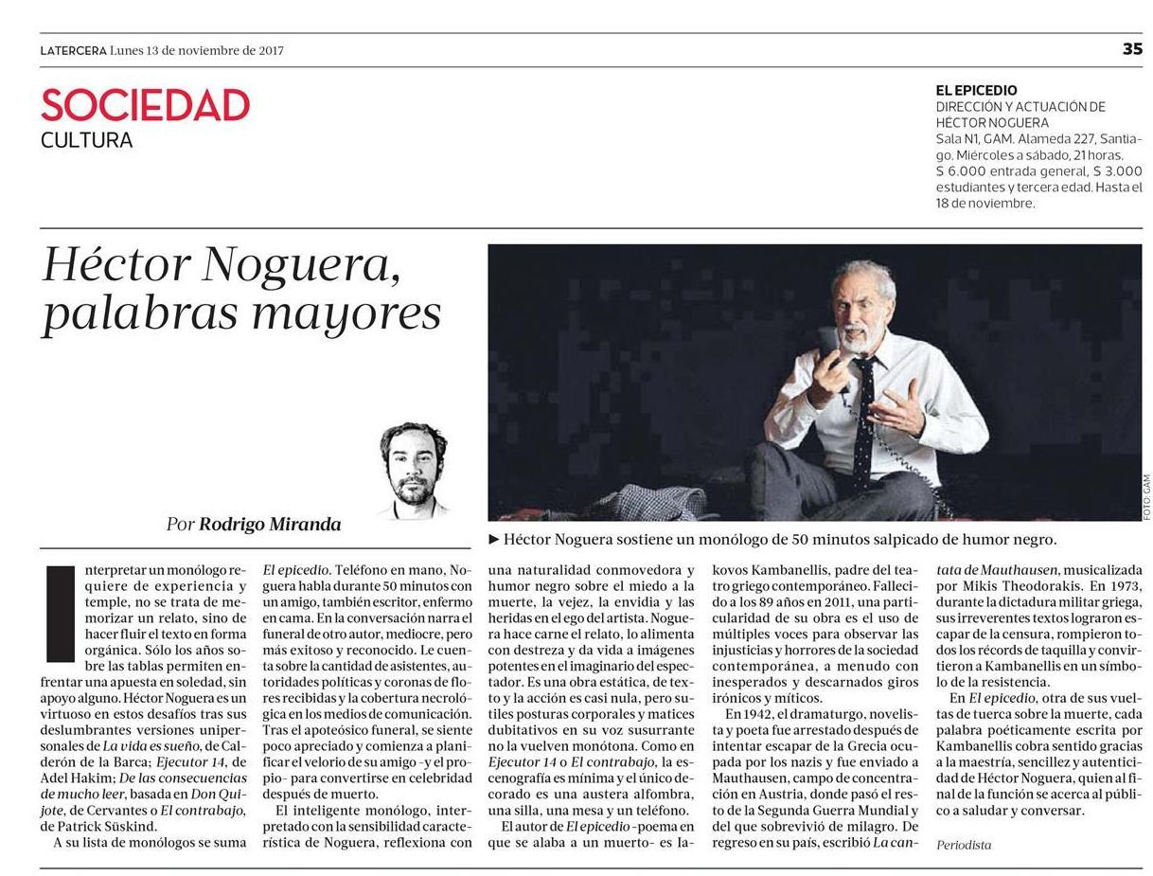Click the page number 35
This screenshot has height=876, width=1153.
tap(1131, 50)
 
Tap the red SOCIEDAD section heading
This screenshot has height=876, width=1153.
tap(145, 105)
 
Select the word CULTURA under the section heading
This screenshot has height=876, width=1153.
tap(86, 141)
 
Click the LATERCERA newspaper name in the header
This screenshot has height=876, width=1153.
tap(73, 51)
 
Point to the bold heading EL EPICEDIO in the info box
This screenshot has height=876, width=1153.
tap(976, 91)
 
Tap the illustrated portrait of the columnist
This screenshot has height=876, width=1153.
tap(414, 469)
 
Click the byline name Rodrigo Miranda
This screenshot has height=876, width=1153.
tap(269, 525)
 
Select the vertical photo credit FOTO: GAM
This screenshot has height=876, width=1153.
tap(1146, 495)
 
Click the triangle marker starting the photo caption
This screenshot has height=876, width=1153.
tap(493, 540)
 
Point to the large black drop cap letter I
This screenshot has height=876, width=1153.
tap(60, 613)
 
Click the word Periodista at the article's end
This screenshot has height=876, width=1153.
tap(964, 845)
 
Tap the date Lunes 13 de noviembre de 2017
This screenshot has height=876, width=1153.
tap(197, 51)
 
